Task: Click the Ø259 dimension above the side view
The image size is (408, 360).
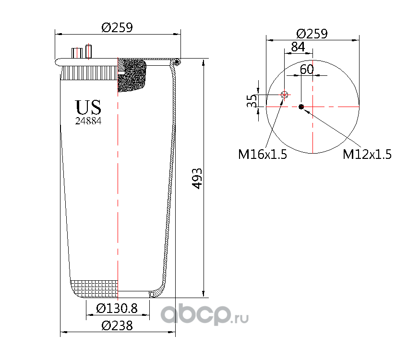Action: tap(117, 28)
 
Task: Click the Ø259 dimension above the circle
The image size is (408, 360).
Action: tap(312, 34)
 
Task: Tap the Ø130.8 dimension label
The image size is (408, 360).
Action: tap(117, 309)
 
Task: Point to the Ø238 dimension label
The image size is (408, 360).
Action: tap(117, 326)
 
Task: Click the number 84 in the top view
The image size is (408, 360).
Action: tap(298, 47)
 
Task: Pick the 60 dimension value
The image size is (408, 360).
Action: tap(307, 69)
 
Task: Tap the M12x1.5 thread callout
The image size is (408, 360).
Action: tap(367, 154)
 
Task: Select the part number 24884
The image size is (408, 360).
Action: tap(88, 121)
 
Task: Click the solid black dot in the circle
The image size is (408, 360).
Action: tap(301, 107)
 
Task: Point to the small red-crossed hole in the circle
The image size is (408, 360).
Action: tap(284, 95)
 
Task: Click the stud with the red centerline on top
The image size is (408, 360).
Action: tap(88, 51)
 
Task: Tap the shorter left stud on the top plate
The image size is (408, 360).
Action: tap(76, 53)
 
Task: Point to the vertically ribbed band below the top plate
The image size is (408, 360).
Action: tap(90, 72)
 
